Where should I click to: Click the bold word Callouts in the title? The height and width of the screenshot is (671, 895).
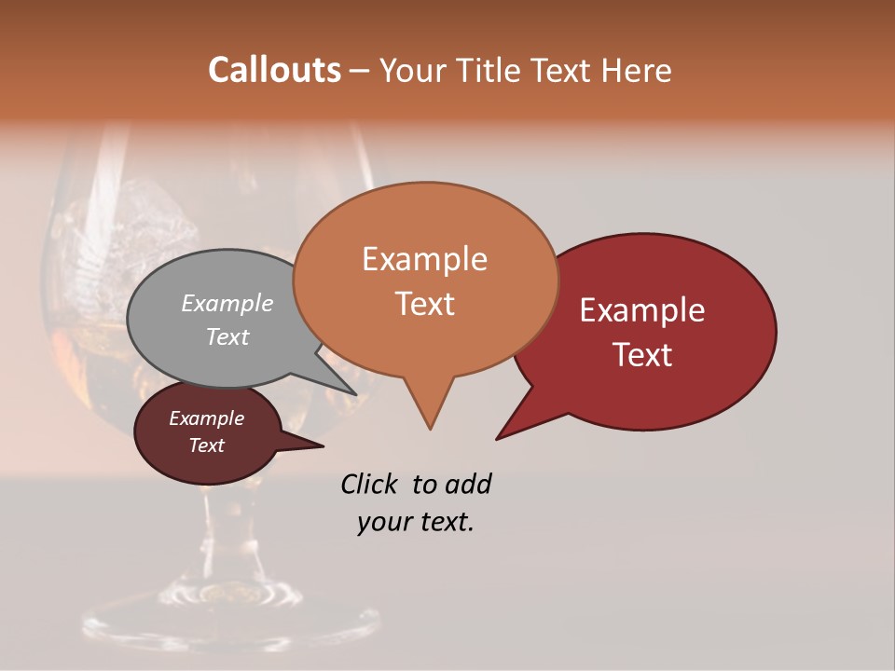[274, 70]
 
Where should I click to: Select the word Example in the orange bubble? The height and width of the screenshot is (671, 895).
[424, 259]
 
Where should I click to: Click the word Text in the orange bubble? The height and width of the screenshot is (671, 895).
[424, 303]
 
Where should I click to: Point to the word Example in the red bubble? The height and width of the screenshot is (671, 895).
[642, 310]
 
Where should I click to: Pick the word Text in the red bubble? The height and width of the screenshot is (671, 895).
[642, 354]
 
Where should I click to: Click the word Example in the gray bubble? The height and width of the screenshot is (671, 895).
[227, 303]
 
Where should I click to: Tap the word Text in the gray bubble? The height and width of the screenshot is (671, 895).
[227, 336]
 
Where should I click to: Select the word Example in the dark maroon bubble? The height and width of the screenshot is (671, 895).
[206, 418]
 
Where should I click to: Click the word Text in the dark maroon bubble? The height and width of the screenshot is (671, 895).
[206, 445]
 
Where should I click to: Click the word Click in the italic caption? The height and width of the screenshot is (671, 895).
[371, 484]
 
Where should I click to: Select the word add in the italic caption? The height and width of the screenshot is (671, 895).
[467, 484]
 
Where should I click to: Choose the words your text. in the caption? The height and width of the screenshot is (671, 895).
[416, 522]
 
